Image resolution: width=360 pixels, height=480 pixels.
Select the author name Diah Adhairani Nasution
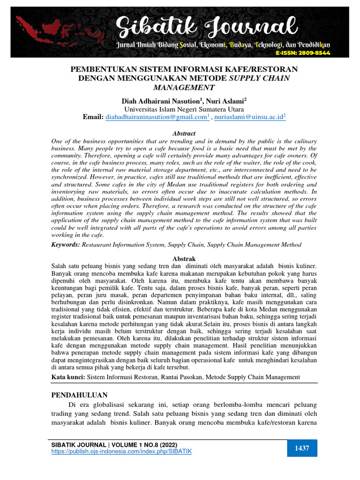155,101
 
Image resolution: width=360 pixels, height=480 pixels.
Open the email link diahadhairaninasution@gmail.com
156,117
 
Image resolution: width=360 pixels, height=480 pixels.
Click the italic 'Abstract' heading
184,134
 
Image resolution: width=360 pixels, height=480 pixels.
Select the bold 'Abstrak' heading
184,259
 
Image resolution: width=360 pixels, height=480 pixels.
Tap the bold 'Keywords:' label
66,245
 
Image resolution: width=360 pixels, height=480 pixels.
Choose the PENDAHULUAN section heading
79,395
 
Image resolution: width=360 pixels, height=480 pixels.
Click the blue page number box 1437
302,449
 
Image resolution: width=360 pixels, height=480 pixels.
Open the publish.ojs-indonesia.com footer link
121,451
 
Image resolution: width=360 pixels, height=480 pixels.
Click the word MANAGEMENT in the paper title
184,87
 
